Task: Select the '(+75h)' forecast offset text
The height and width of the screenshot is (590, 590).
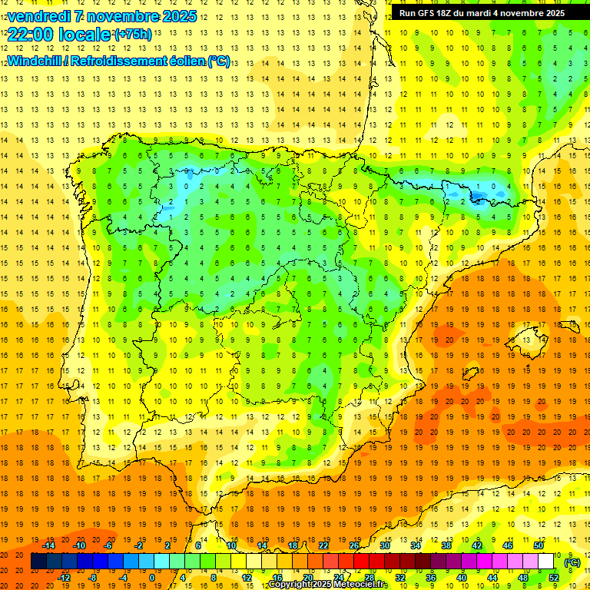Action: (133, 35)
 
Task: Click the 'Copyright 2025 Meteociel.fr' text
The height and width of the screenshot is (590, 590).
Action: (329, 585)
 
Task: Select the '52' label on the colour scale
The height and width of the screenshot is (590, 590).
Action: (553, 578)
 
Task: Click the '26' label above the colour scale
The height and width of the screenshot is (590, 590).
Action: (354, 545)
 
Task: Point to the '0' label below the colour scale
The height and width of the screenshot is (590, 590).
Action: (151, 578)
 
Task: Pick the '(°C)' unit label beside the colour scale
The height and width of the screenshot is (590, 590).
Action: (572, 562)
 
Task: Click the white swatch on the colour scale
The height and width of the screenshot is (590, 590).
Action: (546, 562)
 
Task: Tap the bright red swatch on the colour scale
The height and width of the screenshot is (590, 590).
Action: (362, 562)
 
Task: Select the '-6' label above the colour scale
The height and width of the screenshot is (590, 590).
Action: (108, 545)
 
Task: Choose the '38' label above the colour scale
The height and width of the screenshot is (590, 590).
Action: (446, 545)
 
